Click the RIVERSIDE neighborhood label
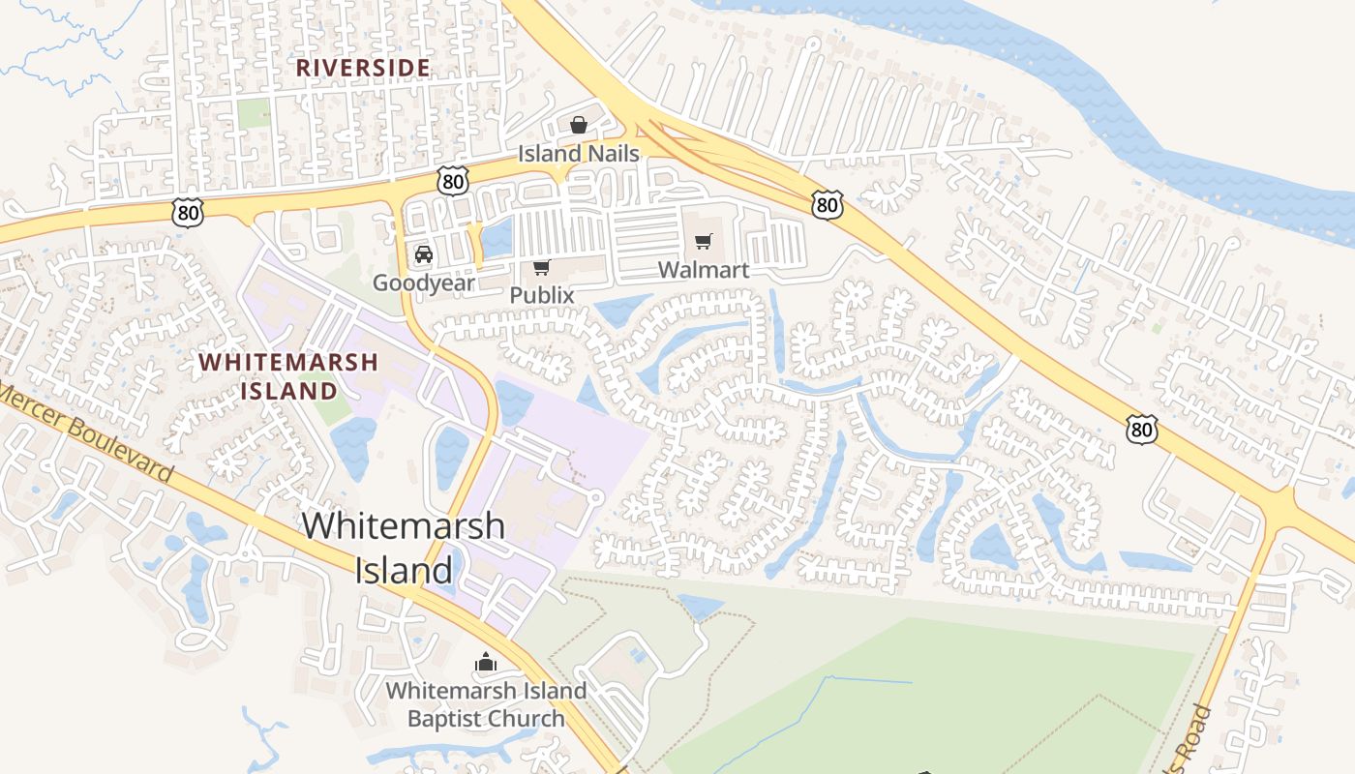[x=362, y=68]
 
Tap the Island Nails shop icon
[x=579, y=125]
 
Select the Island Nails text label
[x=579, y=154]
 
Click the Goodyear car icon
[x=423, y=254]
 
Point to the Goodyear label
[x=424, y=283]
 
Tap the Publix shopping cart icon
[x=542, y=267]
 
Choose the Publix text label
[x=542, y=295]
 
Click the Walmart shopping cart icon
[x=704, y=241]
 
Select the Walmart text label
[x=704, y=270]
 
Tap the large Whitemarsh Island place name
[x=404, y=548]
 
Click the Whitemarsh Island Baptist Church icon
[x=486, y=663]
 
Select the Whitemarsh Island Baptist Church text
[x=486, y=704]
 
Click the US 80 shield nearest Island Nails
[x=452, y=180]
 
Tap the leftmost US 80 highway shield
[x=189, y=212]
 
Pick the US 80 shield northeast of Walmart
[x=828, y=204]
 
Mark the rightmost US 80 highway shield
[x=1142, y=429]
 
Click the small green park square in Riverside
[x=254, y=113]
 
